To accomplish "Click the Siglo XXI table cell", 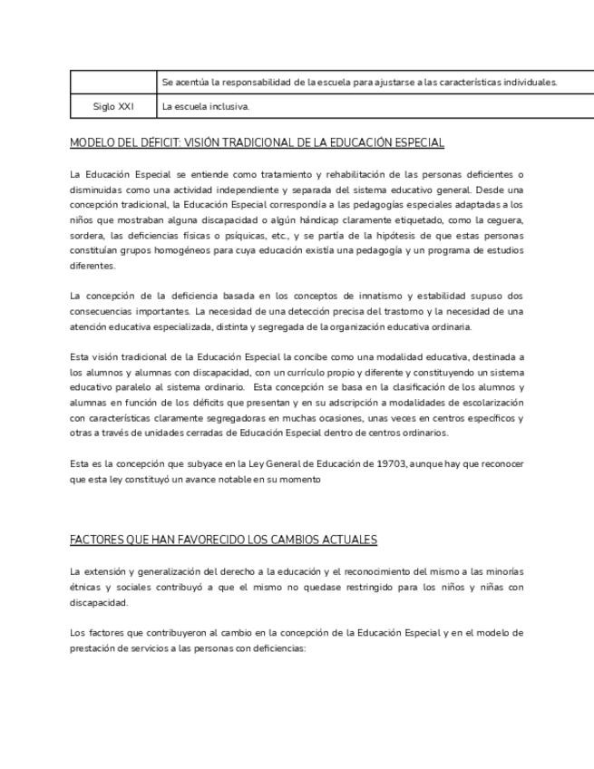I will tap(113, 107).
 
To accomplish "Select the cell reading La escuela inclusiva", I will tap(205, 107).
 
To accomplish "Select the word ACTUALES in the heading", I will tap(350, 540).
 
